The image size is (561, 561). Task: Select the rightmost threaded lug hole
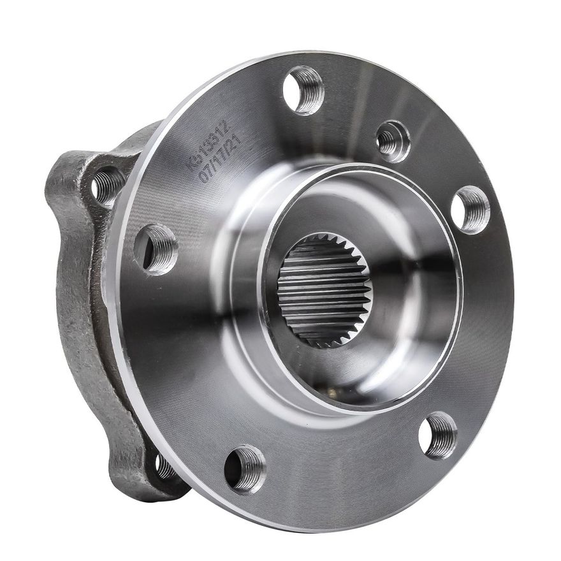pos(471,209)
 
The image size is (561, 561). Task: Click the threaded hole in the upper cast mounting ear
pos(107,184)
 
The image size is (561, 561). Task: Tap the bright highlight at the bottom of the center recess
pos(357,382)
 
